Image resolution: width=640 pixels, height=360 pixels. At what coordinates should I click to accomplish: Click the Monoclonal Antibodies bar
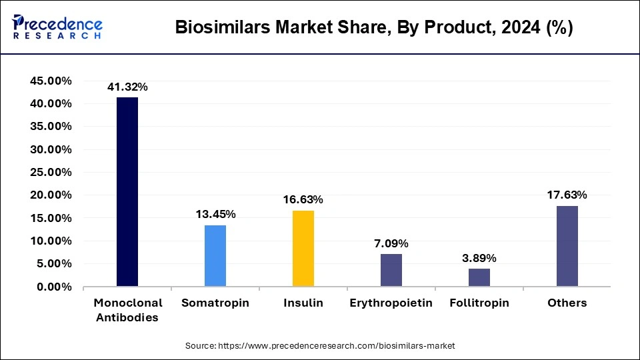click(x=127, y=192)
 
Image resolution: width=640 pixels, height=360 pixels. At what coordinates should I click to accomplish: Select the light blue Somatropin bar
click(x=215, y=256)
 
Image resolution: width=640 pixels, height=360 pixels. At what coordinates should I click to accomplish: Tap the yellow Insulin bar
click(x=303, y=249)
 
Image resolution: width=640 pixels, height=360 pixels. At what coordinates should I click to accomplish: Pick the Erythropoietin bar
click(x=391, y=270)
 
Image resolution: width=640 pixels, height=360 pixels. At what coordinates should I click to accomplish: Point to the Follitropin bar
click(x=479, y=277)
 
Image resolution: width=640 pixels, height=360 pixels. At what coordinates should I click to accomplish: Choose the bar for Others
click(x=567, y=246)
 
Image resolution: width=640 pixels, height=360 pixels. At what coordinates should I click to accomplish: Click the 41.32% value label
click(x=127, y=87)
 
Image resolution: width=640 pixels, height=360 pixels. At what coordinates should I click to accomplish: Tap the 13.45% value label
click(x=215, y=214)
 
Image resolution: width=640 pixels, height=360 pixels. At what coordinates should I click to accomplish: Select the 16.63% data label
click(x=303, y=199)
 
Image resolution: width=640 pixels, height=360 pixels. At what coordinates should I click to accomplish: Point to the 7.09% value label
click(x=391, y=243)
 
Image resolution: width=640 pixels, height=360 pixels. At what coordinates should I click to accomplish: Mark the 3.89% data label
click(x=479, y=258)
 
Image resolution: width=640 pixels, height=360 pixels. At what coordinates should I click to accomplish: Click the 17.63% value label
click(x=567, y=195)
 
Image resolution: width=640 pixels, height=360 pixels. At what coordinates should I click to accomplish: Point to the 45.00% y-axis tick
click(x=51, y=81)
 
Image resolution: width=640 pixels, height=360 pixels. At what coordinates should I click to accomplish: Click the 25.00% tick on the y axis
click(x=51, y=172)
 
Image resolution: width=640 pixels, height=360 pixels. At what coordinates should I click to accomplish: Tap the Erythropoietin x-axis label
click(x=391, y=303)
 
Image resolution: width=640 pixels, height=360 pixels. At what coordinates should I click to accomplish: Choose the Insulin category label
click(x=303, y=303)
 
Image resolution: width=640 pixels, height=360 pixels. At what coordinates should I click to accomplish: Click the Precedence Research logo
click(x=57, y=27)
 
